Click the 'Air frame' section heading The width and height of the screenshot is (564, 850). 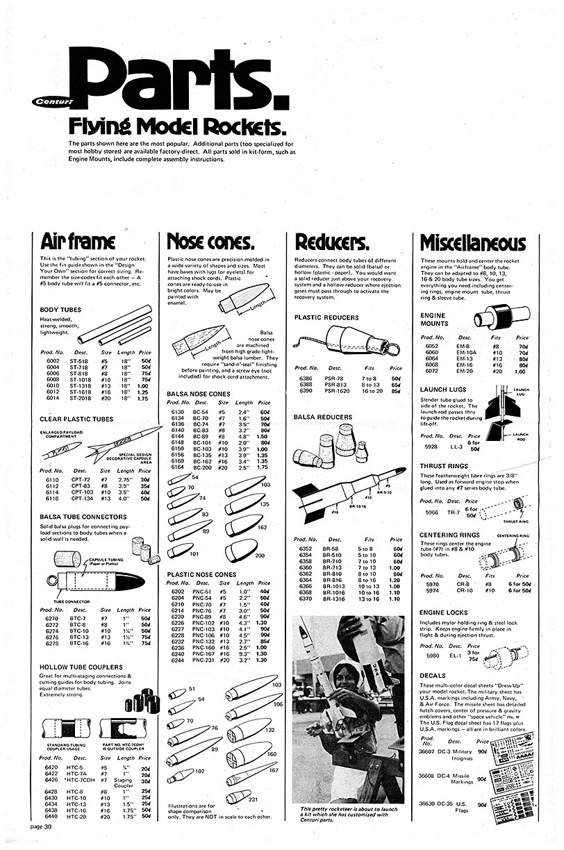pos(78,241)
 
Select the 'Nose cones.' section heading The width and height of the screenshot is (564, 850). pos(210,241)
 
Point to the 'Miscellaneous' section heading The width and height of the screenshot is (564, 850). pos(473,242)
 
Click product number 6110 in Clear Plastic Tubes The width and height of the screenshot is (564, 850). pos(53,479)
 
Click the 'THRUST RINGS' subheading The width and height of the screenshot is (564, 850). pos(445,466)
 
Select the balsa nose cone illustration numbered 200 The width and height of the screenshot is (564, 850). pos(240,550)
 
